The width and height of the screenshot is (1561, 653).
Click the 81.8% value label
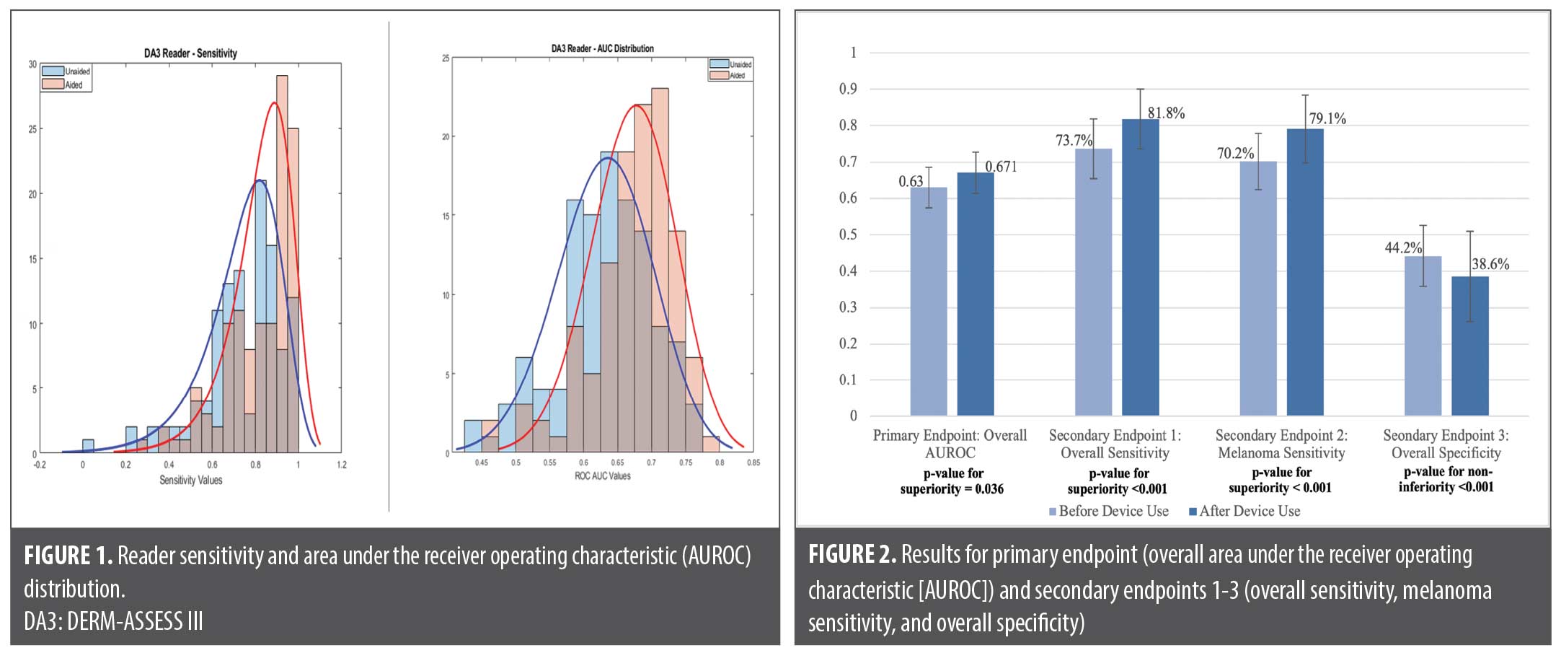[x=1166, y=113]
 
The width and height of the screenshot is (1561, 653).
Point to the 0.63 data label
[x=911, y=181]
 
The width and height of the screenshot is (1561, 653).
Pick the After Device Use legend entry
[x=1249, y=511]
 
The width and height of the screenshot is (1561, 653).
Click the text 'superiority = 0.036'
[x=952, y=489]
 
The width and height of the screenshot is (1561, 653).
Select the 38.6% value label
[x=1490, y=264]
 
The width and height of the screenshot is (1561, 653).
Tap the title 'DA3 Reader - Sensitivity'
[x=190, y=53]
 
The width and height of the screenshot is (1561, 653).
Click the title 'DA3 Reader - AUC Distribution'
[x=602, y=48]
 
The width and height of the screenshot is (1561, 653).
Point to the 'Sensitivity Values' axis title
[x=190, y=480]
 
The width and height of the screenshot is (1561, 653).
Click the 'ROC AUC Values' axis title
[x=602, y=475]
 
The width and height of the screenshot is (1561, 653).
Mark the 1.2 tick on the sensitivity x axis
[x=341, y=465]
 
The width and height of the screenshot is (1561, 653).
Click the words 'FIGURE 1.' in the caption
[x=68, y=556]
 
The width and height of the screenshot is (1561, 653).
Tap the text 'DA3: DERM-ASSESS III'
[x=113, y=621]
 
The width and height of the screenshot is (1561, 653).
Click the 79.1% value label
[x=1327, y=119]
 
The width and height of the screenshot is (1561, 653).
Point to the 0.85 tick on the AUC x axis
[x=753, y=463]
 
